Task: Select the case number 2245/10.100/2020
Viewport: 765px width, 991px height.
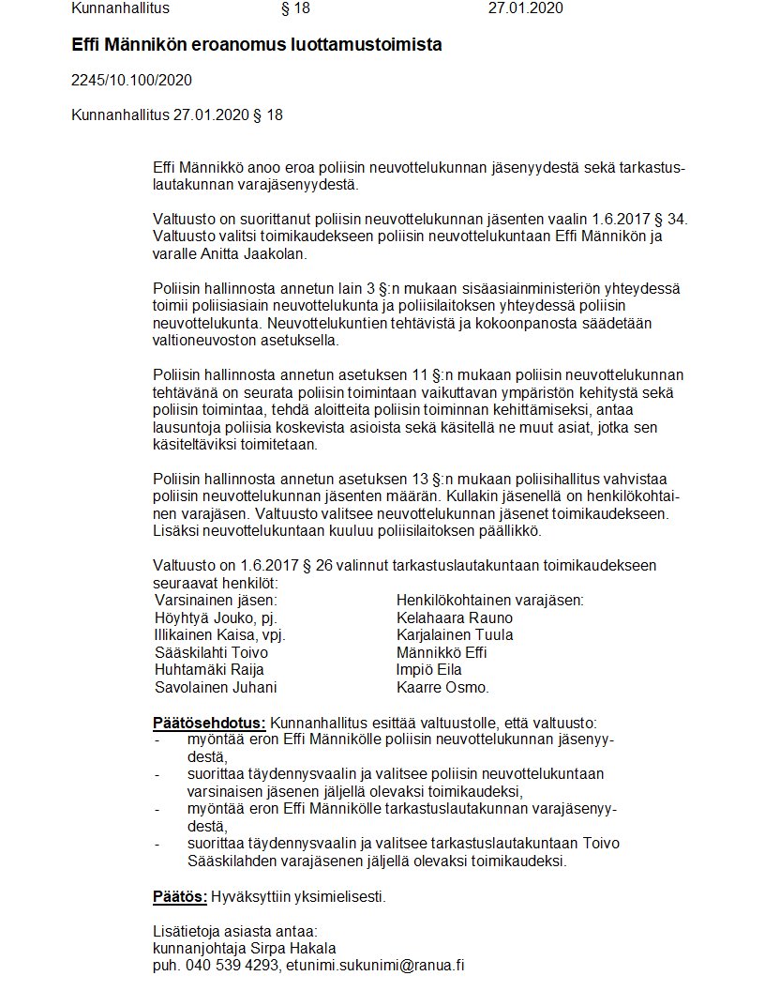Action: point(131,81)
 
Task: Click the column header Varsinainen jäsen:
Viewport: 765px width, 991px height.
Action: point(216,601)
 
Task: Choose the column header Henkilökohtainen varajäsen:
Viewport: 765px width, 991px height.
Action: point(489,601)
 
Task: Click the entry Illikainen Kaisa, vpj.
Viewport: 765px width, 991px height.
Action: point(219,635)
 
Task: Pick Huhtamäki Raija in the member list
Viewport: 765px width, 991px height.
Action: point(209,670)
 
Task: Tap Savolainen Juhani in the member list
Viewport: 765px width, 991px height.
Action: point(216,687)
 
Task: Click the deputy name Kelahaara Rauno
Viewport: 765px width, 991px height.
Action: point(455,618)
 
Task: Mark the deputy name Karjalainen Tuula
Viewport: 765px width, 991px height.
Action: point(455,635)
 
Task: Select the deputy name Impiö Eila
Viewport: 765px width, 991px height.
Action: point(429,670)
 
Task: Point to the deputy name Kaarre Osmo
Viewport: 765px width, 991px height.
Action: point(443,687)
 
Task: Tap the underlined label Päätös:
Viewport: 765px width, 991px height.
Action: point(180,896)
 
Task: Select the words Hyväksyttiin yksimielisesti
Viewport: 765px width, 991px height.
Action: point(298,896)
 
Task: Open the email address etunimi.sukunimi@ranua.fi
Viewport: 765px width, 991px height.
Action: point(376,966)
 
